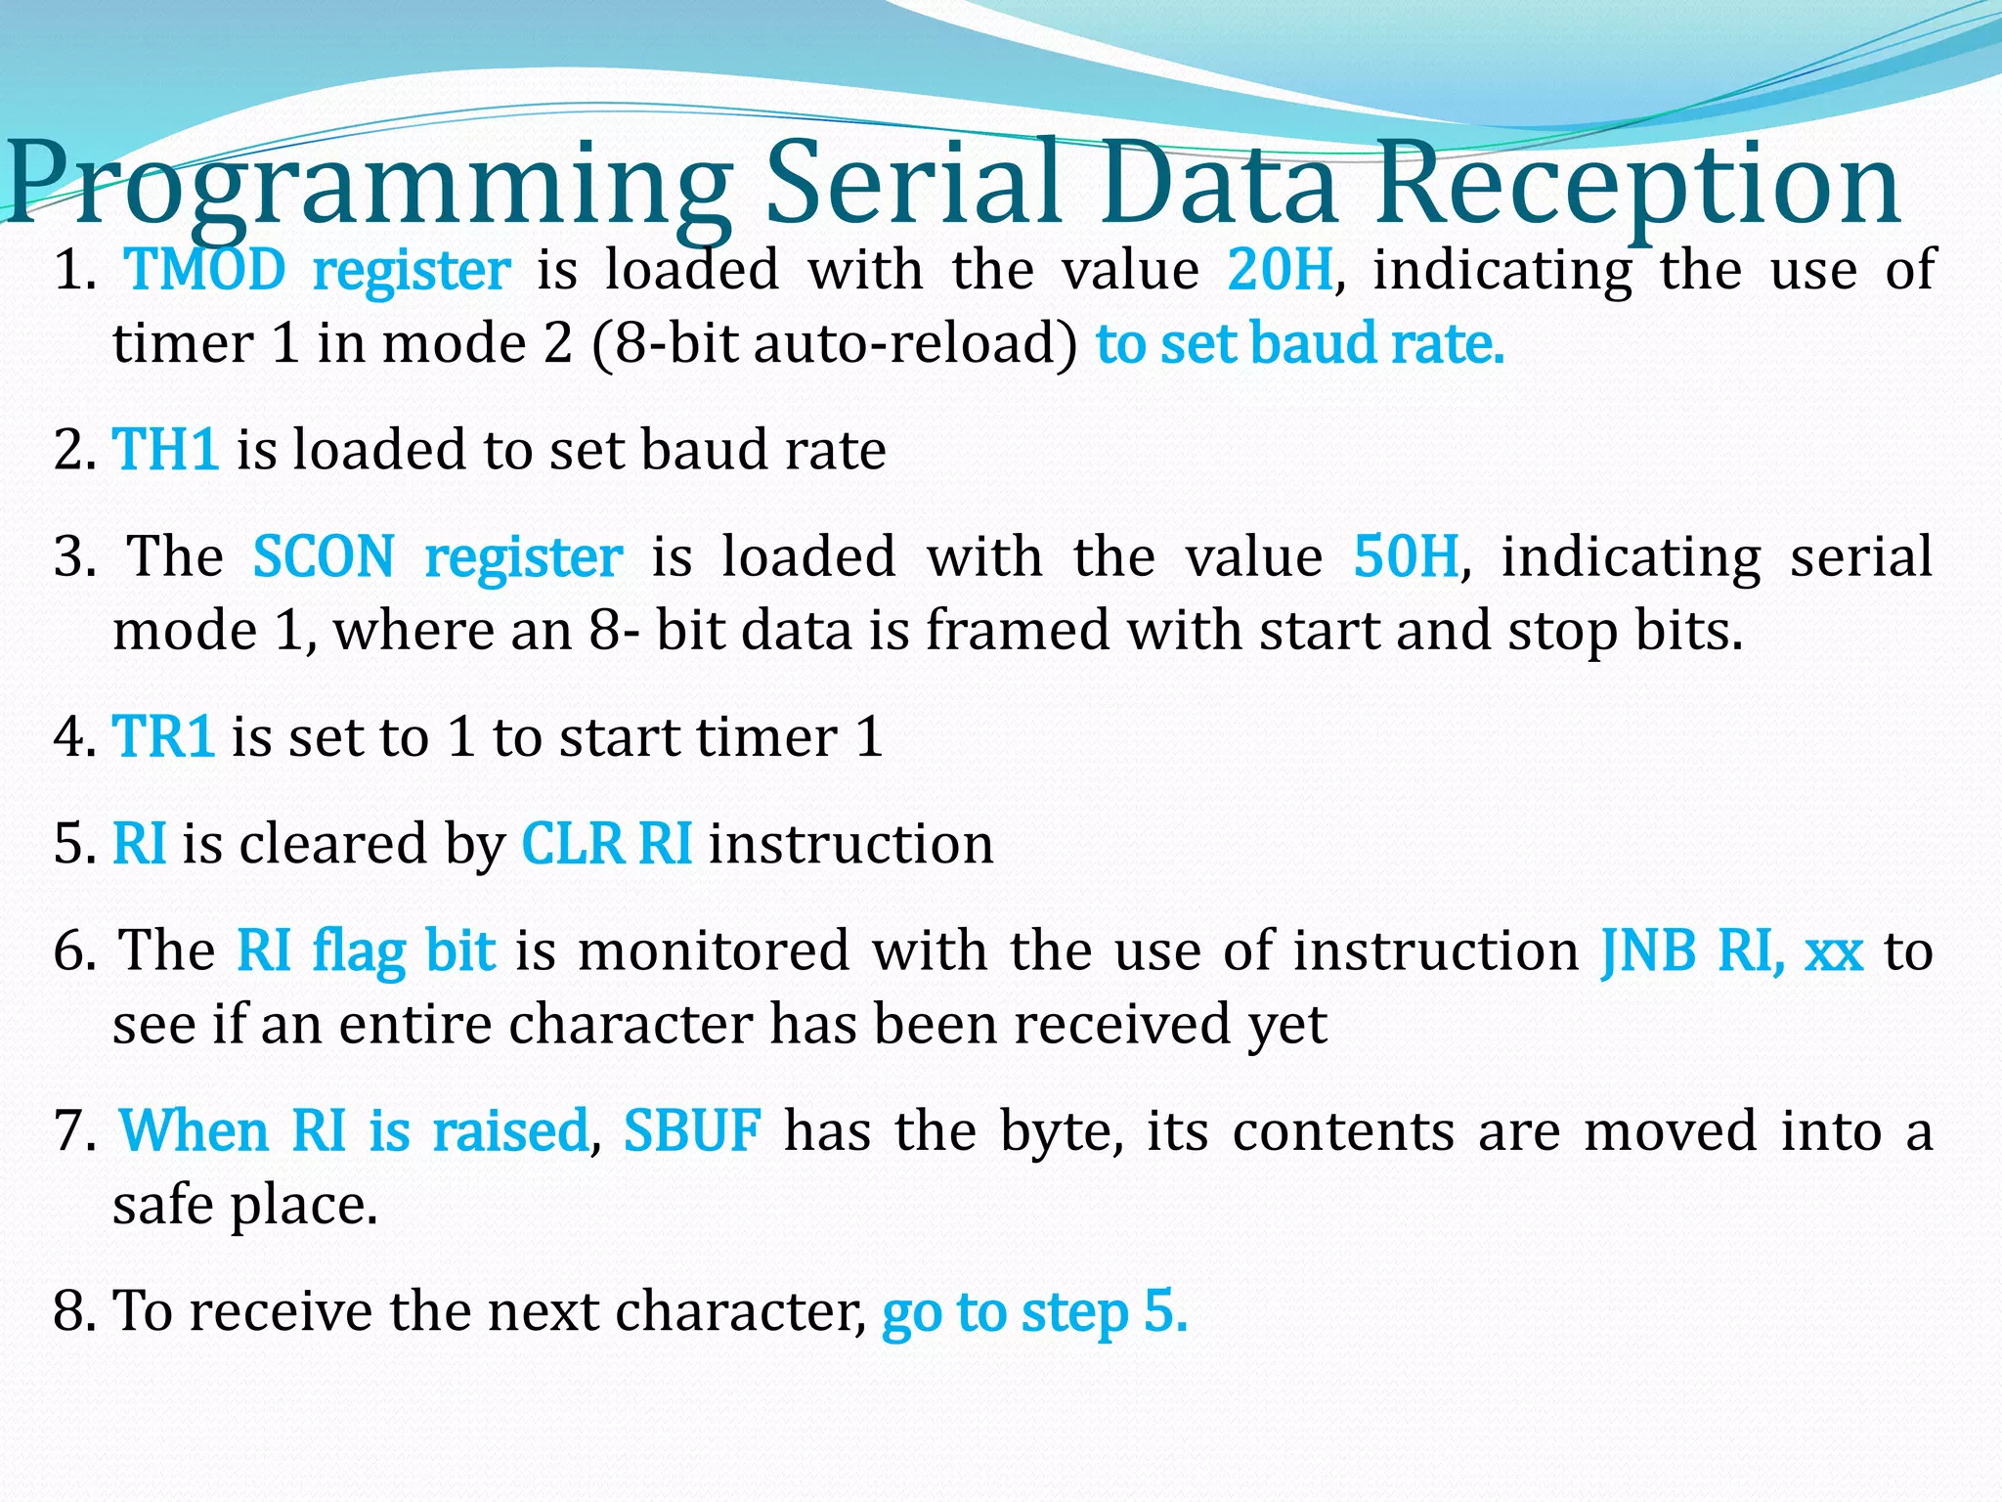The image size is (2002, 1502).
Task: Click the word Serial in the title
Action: [913, 184]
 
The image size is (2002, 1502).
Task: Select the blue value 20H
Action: [1280, 271]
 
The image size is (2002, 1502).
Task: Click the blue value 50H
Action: [1406, 557]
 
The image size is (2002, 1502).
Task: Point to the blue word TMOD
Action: [206, 271]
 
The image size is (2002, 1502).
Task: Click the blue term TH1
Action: [165, 451]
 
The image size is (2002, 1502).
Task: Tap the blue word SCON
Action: [324, 557]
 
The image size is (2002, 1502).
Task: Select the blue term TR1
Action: [163, 737]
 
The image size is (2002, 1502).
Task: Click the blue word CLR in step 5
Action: [572, 844]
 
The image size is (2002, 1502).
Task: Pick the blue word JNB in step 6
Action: [1648, 951]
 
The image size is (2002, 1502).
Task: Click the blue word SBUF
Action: [692, 1131]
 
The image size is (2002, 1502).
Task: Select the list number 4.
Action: [73, 737]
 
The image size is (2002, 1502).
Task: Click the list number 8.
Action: [73, 1311]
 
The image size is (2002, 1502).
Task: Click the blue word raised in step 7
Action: [510, 1131]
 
